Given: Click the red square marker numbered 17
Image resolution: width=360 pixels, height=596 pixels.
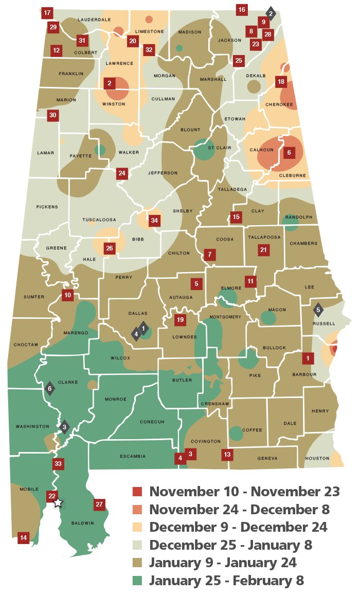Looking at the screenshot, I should click(47, 12).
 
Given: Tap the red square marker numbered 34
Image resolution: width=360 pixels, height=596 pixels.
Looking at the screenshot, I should click(154, 221).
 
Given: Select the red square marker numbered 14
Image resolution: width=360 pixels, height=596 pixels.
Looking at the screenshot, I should click(23, 538).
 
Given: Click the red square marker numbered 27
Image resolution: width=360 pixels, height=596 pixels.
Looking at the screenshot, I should click(99, 504).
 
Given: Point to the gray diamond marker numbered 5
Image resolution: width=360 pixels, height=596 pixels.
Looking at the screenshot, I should click(318, 310).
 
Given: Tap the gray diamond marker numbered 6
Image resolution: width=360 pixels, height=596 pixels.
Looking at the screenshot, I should click(50, 388).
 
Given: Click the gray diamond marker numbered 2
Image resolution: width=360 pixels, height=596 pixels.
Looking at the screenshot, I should click(271, 13).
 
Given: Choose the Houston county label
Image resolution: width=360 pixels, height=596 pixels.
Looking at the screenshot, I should click(317, 458).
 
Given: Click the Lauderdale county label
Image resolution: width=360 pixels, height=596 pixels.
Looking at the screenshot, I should click(94, 20).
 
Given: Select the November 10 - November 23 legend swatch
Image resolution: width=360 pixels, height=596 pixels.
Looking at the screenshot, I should click(137, 492).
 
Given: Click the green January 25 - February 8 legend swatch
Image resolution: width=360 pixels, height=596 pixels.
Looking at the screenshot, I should click(137, 581).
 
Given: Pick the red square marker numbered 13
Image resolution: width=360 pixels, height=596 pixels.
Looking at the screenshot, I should click(227, 454).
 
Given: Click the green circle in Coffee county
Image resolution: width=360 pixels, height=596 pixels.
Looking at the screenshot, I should click(236, 434).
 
